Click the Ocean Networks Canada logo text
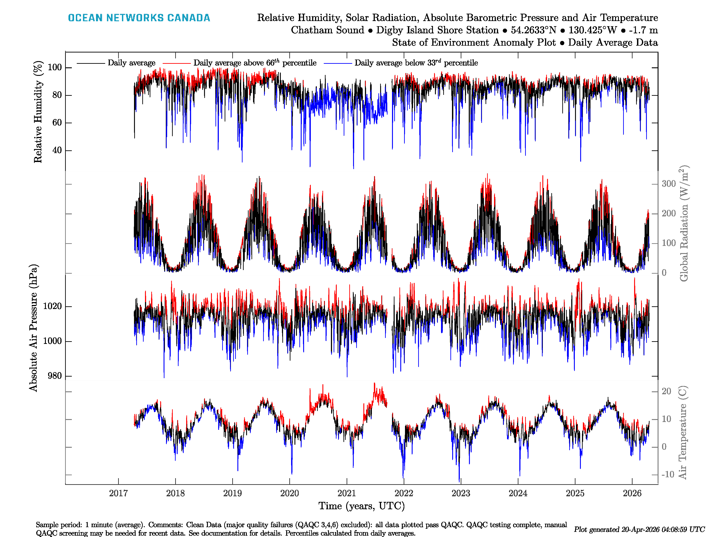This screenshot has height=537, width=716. coord(139,18)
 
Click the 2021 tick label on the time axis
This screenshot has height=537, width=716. coord(346,493)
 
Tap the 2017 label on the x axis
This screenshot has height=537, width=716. coord(118,493)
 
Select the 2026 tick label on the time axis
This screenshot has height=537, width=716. coord(632,493)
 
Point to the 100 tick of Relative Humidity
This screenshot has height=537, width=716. coord(55,67)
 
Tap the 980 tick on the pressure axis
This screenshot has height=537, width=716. coord(54,376)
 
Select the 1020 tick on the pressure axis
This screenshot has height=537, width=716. coord(52,306)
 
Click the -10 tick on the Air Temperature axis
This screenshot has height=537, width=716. coord(667,475)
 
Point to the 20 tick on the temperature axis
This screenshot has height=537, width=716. coord(666,391)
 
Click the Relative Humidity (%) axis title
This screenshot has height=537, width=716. coord(38,112)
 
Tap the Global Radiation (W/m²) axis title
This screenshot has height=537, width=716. coord(684,223)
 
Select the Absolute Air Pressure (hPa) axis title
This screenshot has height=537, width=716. coord(33,328)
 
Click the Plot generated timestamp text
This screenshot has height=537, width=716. coord(639,530)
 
